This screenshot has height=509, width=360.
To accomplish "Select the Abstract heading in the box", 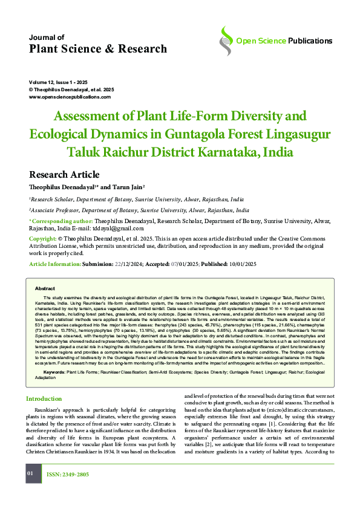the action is coord(45,288).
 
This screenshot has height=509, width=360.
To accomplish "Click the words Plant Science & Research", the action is coord(98,48).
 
